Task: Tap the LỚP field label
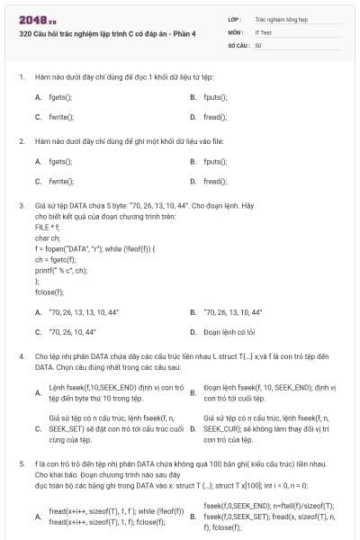[235, 17]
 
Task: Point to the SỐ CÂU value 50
[259, 45]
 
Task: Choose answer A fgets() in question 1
[59, 96]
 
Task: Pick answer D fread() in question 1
[215, 117]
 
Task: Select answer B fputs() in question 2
[215, 161]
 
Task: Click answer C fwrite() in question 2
[60, 182]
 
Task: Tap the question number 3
[21, 206]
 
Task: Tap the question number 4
[21, 355]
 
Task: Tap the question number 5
[21, 462]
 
